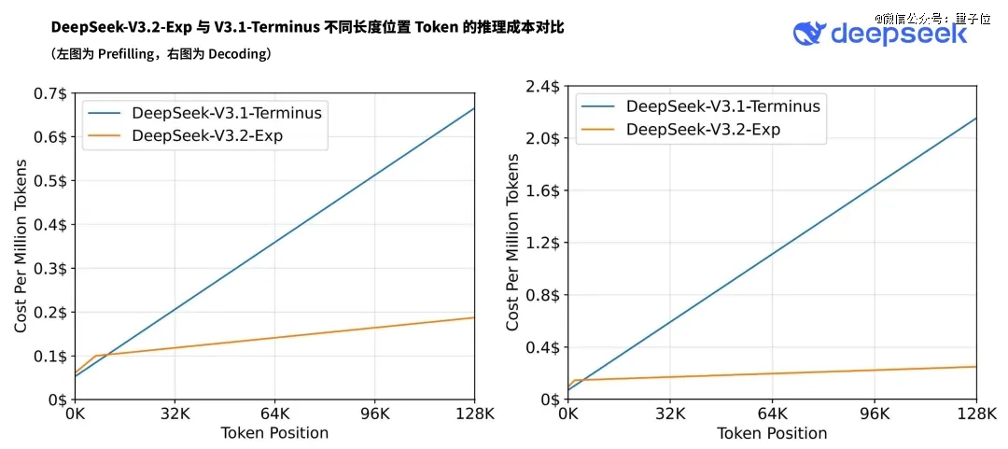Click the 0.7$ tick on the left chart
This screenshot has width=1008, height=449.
coord(51,94)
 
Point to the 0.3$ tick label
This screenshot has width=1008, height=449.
coord(51,269)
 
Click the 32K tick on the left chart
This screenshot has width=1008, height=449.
coord(174,414)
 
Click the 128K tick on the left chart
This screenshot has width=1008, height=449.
coord(473,414)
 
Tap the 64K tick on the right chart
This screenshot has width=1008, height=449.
coord(772,414)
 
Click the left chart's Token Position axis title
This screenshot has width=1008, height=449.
coord(274,433)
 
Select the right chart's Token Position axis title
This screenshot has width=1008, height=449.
coord(772,433)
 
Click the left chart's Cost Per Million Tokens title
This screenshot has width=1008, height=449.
coord(21,246)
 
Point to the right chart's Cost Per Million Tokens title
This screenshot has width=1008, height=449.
coord(512,244)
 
